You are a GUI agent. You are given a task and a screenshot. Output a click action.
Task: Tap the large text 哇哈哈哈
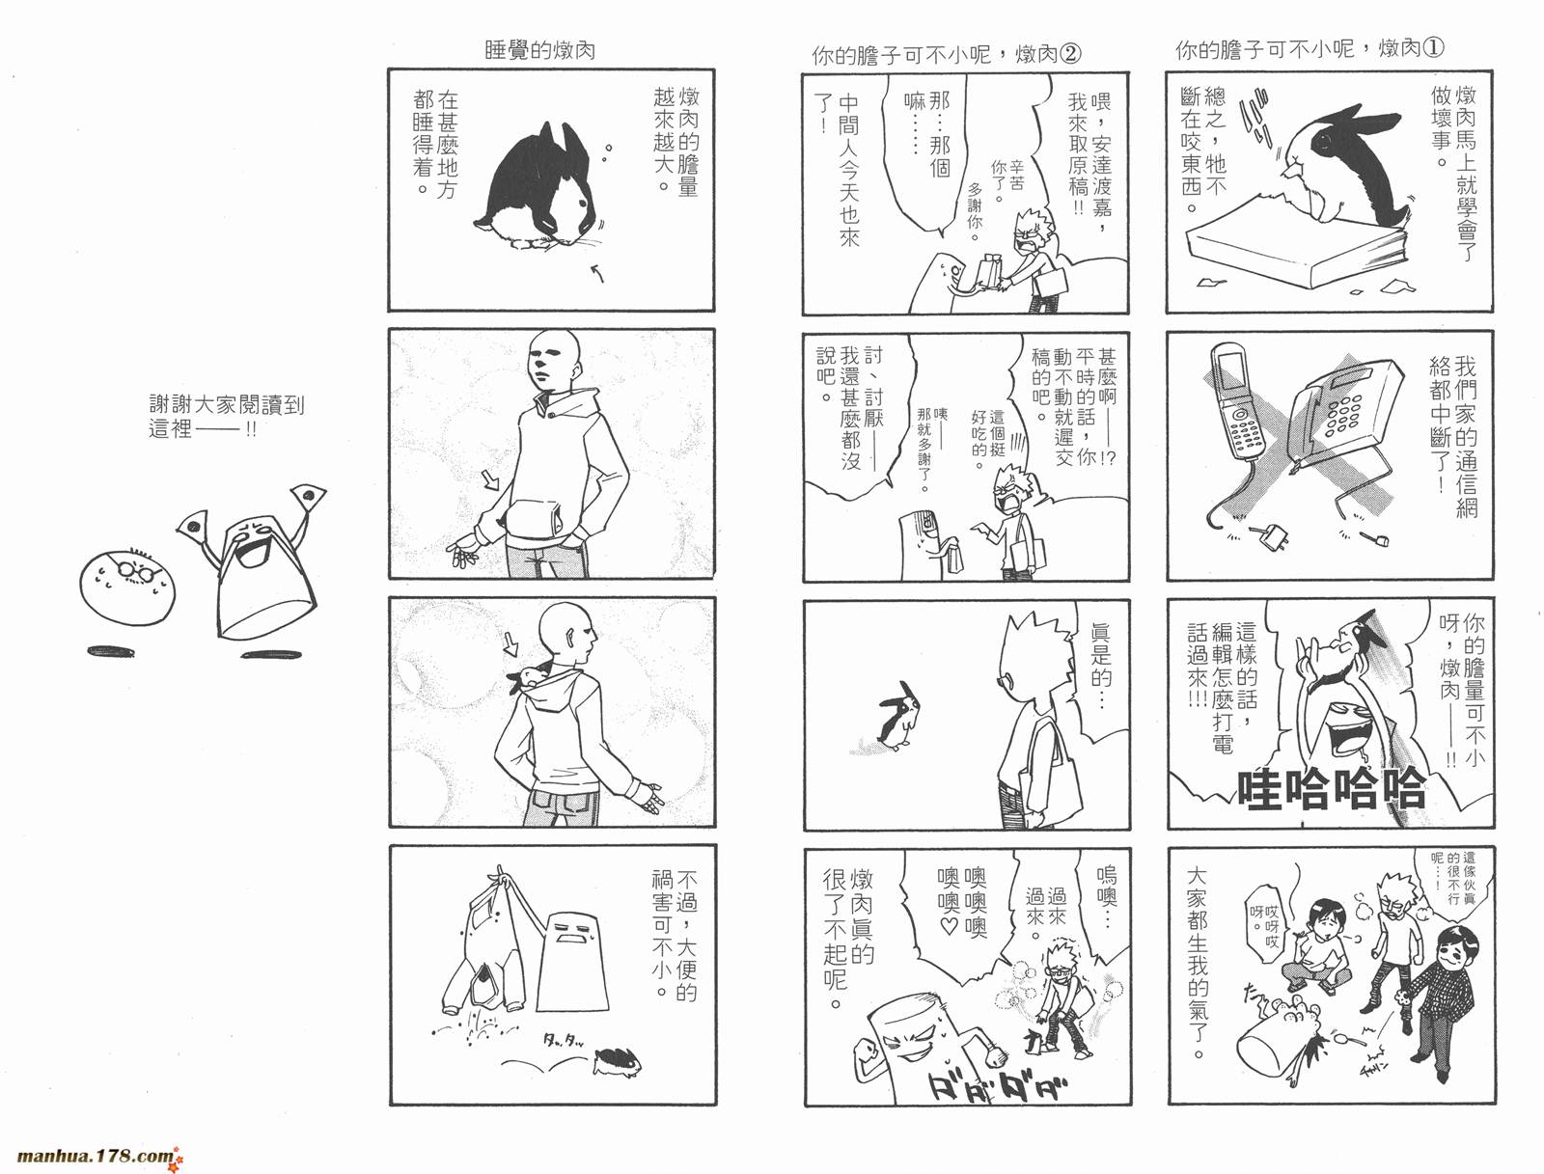(x=1332, y=790)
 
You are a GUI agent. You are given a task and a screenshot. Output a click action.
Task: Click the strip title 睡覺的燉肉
(x=539, y=50)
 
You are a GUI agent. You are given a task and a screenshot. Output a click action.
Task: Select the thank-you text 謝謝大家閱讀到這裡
(x=226, y=417)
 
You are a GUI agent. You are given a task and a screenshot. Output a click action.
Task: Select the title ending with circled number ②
(x=946, y=55)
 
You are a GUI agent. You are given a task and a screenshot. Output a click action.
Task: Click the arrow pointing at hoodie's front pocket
(x=491, y=478)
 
